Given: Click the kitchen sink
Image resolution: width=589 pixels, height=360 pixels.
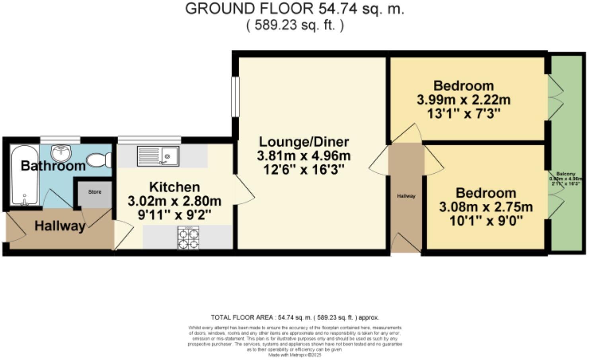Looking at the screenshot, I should (158, 156).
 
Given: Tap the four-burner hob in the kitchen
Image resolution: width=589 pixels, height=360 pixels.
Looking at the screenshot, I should (188, 238).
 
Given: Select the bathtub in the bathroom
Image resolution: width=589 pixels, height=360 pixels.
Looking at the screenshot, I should (24, 176).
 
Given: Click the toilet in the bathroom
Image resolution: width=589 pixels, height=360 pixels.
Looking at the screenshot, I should (99, 160).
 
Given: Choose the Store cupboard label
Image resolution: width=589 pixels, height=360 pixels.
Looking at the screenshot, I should (95, 192).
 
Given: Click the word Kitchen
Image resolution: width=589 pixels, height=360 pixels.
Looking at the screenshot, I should (174, 187).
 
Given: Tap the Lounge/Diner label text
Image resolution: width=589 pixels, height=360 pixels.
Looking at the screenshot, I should (304, 142).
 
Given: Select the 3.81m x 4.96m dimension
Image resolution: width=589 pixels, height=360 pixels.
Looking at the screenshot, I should (304, 156).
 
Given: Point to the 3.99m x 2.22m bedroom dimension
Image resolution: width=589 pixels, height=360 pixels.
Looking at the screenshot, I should (464, 100).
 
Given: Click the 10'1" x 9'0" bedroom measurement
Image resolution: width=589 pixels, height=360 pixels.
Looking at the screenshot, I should (486, 221).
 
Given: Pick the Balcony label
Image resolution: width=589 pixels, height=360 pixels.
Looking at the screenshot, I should (566, 174).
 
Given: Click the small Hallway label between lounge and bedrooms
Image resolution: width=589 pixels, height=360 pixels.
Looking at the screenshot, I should (406, 196).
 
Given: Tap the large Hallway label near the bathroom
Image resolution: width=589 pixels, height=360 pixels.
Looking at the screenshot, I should (60, 226).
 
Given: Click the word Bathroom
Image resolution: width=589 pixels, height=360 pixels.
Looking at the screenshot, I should (53, 166).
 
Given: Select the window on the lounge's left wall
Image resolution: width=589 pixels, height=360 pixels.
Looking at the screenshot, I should (235, 96).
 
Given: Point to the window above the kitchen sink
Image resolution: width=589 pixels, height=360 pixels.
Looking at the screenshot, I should (149, 140).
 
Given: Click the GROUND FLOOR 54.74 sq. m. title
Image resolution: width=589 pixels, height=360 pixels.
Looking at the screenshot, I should (294, 9).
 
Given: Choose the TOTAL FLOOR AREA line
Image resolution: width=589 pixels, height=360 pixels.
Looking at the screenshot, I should (294, 317).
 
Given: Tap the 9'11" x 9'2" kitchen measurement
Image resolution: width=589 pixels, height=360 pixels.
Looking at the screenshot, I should (174, 215).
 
